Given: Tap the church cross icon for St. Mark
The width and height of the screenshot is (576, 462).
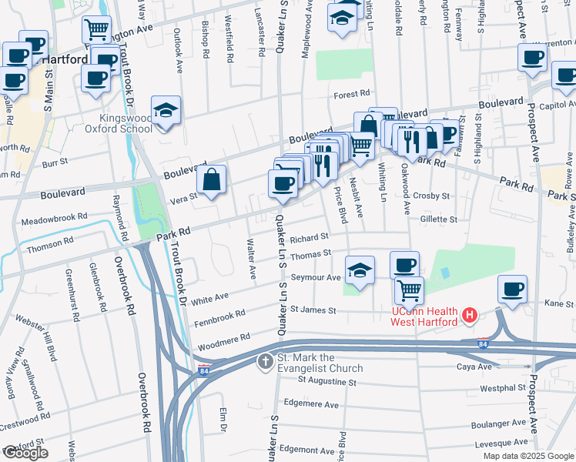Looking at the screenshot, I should (x=266, y=361).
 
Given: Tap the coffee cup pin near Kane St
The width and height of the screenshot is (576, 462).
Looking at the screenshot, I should (x=512, y=290).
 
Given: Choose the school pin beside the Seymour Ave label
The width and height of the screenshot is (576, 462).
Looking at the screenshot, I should (x=359, y=271).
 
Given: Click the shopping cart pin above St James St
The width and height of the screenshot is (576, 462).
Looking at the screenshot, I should (x=409, y=290).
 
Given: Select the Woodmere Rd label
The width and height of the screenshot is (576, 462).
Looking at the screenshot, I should (x=224, y=338).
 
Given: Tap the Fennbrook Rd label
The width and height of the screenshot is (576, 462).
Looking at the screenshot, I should (x=219, y=315).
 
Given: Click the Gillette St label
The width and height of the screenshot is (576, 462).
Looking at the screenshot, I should (x=439, y=219).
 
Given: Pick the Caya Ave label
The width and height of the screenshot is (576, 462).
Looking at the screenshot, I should (x=474, y=367).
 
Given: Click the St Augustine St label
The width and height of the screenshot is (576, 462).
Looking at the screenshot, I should (x=327, y=381).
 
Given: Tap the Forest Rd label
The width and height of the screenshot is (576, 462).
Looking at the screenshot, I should (x=353, y=95).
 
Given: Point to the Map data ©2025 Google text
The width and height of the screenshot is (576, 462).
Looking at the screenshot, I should (x=527, y=456).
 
